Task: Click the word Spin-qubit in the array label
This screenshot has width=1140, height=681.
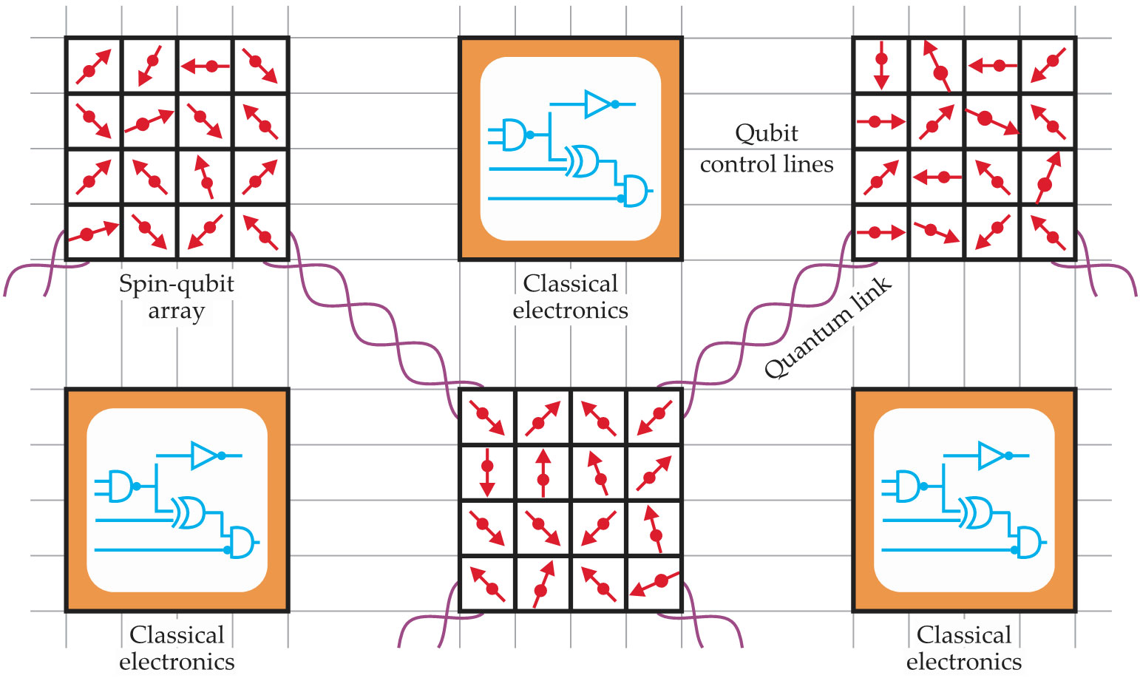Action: coord(176,285)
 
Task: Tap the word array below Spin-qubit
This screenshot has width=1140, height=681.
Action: coord(176,311)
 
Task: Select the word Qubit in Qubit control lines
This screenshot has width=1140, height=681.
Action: coord(767,134)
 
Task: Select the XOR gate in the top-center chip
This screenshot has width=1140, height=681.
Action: coord(581,160)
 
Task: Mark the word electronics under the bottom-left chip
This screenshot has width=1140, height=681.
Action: coord(177,662)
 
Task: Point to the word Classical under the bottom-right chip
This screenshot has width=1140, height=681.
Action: coord(963,635)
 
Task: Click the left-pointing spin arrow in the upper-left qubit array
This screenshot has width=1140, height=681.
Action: coord(205,67)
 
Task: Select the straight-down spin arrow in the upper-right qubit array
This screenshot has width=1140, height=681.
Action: coord(881,65)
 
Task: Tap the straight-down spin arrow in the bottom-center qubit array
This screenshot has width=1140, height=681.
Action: coord(486,472)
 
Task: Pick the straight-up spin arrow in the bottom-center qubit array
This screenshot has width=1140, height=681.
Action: coord(543,472)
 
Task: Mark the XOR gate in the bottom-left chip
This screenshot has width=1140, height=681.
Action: coord(188,512)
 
